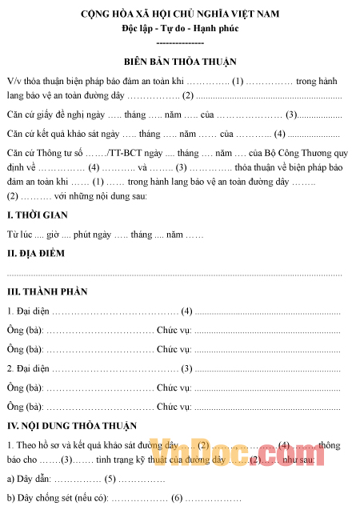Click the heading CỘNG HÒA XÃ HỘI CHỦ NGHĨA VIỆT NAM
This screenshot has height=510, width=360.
[x=180, y=15]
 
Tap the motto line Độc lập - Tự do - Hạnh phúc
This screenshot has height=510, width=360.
[x=180, y=29]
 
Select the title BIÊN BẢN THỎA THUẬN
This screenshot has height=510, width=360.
[x=180, y=62]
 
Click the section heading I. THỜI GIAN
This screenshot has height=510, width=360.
[x=37, y=215]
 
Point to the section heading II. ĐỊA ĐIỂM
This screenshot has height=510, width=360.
[x=37, y=254]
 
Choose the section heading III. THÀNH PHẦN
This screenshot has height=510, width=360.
[x=46, y=291]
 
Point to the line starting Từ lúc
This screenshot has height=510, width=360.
[x=105, y=235]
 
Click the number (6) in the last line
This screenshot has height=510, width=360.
[x=177, y=498]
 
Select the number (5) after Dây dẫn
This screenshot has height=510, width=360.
[x=110, y=480]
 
